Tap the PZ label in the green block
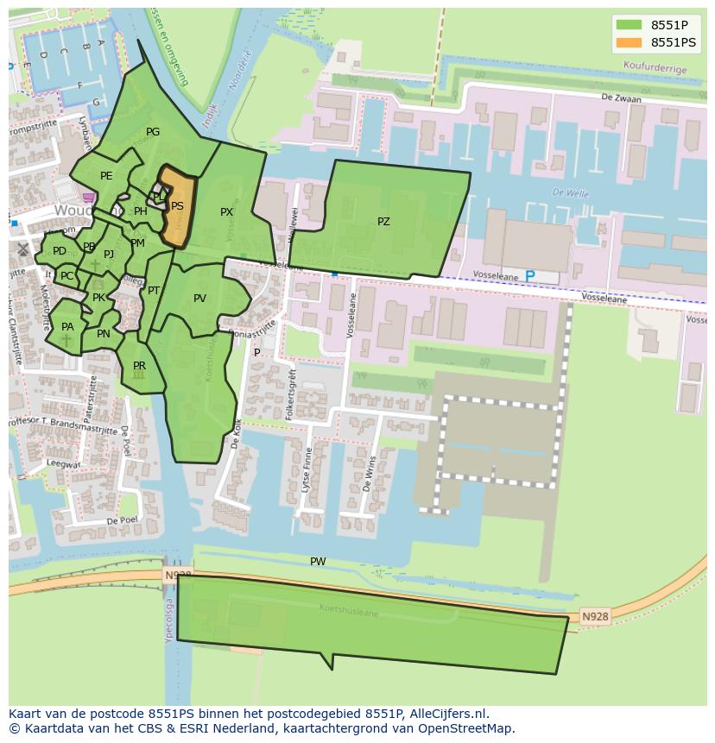[x=383, y=222]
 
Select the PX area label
[x=226, y=212]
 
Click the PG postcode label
[x=153, y=133]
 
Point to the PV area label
[x=199, y=299]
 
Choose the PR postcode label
[x=139, y=367]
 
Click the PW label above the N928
[x=318, y=562]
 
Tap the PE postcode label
[x=106, y=176]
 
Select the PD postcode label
[x=59, y=252]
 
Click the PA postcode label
[x=67, y=327]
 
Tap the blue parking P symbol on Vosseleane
[x=530, y=276]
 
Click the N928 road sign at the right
[x=594, y=616]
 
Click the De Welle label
[x=570, y=193]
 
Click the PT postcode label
[x=154, y=291]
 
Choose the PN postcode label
[x=104, y=335]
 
